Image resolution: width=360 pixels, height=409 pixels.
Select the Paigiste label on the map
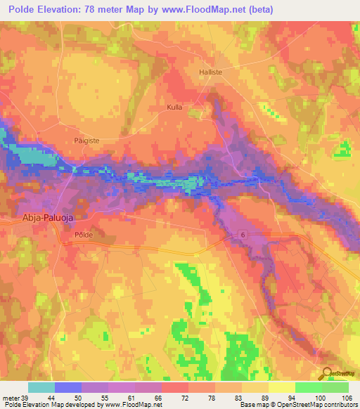coord(89,141)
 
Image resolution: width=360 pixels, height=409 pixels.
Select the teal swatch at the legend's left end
coord(41,387)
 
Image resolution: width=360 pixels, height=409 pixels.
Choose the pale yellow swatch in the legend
coord(281,387)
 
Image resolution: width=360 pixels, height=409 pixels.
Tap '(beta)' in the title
coord(259,10)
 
